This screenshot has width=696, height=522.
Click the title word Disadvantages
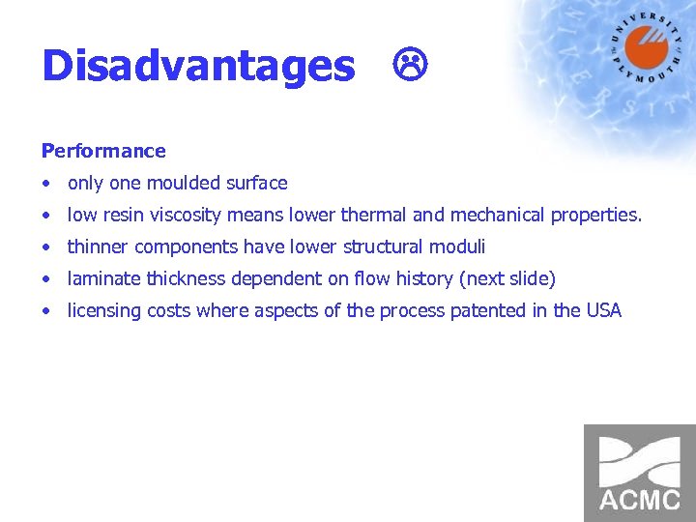[x=198, y=67]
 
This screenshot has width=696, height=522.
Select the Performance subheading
[x=103, y=151]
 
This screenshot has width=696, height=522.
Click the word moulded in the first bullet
[x=183, y=183]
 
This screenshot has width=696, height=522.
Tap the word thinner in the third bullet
[x=98, y=246]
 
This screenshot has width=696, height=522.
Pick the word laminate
[x=103, y=278]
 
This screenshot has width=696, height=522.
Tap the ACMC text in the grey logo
[x=639, y=500]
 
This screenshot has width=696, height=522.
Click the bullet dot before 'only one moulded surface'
[x=46, y=184]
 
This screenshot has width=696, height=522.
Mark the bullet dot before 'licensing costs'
[x=46, y=311]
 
